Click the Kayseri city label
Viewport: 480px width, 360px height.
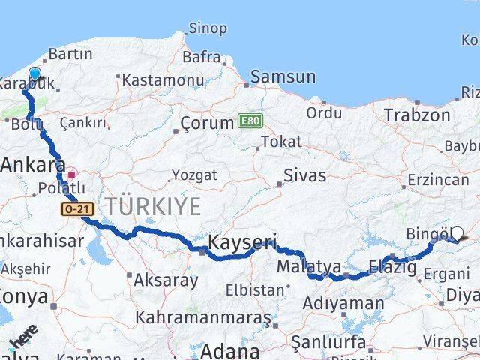[x=241, y=243]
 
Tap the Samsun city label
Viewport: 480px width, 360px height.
[x=283, y=76]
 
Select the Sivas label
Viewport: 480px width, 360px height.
[x=304, y=175]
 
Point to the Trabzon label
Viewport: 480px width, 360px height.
[x=417, y=115]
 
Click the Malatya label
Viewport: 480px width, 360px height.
[x=308, y=267]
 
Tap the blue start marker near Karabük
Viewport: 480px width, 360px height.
[x=34, y=73]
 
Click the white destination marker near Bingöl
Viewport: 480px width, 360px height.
[x=457, y=234]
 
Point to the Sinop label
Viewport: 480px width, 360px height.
[x=207, y=28]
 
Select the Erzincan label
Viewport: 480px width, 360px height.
[x=438, y=181]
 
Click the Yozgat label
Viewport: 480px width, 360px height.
[x=194, y=175]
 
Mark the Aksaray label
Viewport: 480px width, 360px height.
[x=166, y=280]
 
